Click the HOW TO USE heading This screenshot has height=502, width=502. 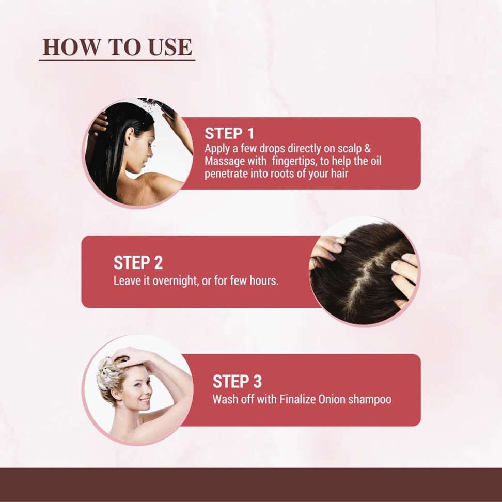coord(117,47)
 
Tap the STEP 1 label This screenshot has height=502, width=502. coord(229,133)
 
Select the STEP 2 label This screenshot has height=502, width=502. coord(138,263)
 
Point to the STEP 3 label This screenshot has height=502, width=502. coord(237,381)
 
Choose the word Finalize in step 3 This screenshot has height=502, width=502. coord(297,399)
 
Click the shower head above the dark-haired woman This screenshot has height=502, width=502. coord(154,102)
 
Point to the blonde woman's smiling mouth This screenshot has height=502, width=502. coord(145,401)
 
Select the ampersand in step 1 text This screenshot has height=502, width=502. coord(368,149)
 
